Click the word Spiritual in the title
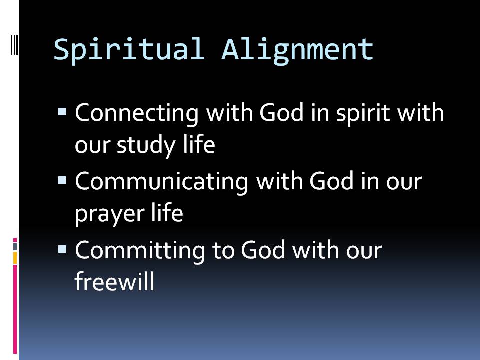point(129,50)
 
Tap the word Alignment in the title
point(297,50)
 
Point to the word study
point(146,145)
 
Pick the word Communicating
point(161,182)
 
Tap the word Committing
point(140,251)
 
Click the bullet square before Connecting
point(62,111)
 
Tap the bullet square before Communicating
point(62,180)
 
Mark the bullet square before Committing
point(62,249)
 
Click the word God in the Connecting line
point(281,112)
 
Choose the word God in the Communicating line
point(332,181)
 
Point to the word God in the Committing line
point(263,250)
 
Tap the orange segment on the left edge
point(15,258)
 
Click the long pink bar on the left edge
point(15,309)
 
